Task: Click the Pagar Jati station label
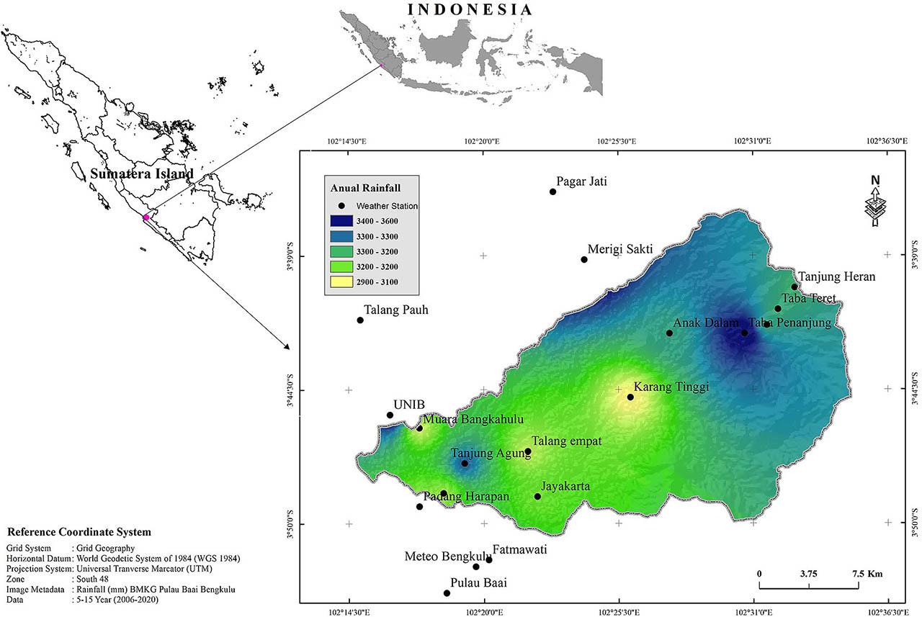pyautogui.click(x=581, y=181)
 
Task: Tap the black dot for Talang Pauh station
pyautogui.click(x=360, y=320)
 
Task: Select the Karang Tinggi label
pyautogui.click(x=671, y=387)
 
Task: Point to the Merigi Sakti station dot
pyautogui.click(x=584, y=260)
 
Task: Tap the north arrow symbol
pyautogui.click(x=874, y=202)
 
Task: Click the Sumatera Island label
pyautogui.click(x=141, y=174)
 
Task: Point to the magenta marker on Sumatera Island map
pyautogui.click(x=146, y=217)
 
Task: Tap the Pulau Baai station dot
pyautogui.click(x=447, y=593)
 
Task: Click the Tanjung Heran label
pyautogui.click(x=837, y=276)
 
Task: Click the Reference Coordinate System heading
pyautogui.click(x=79, y=532)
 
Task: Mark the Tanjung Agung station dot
pyautogui.click(x=465, y=464)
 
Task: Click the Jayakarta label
pyautogui.click(x=565, y=487)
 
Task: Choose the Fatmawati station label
pyautogui.click(x=519, y=550)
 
